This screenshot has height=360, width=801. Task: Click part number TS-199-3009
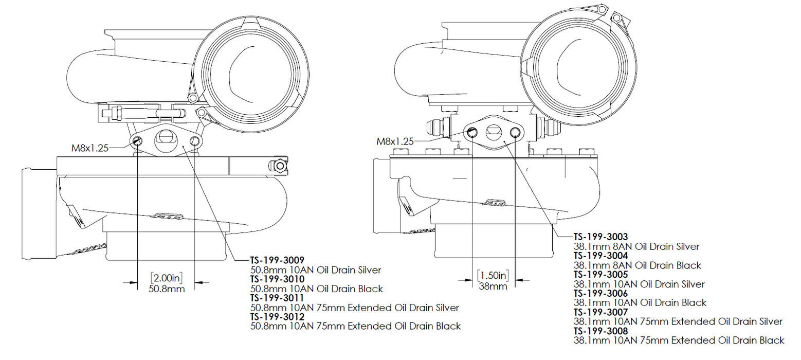(277, 260)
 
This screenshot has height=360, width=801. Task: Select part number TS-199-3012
(277, 316)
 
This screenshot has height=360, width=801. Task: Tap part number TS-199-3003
(600, 237)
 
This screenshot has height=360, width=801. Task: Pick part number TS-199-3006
(600, 293)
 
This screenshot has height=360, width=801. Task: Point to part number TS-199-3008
(600, 331)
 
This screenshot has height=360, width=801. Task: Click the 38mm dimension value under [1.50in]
(493, 286)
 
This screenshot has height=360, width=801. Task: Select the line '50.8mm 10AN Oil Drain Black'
(317, 289)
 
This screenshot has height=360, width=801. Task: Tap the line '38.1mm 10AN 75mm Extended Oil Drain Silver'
(678, 321)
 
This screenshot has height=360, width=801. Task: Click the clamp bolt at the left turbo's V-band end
(279, 166)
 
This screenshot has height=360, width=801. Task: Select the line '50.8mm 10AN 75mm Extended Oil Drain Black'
(355, 326)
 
